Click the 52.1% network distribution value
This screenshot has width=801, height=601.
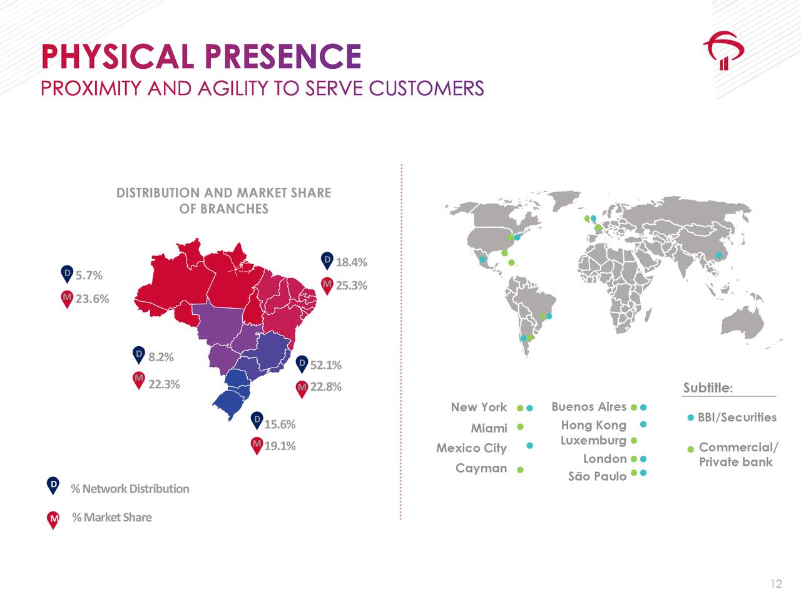326,365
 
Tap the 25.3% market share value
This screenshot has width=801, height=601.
352,285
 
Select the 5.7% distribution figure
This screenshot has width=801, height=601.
89,275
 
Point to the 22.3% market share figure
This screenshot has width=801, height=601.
164,384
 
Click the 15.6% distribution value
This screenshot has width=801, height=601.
280,424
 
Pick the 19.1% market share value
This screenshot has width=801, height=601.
280,446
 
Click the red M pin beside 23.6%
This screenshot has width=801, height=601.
67,299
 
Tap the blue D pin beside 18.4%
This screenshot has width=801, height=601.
327,260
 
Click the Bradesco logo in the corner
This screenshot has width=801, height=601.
723,53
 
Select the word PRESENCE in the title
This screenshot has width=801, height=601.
283,56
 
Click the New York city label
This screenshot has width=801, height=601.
479,407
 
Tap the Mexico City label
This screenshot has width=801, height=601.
471,448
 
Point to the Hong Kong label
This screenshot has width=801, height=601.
593,425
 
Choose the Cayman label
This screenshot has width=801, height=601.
481,468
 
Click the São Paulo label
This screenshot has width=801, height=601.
597,476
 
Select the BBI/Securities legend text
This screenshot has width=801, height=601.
737,417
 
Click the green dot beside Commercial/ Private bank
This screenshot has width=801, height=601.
691,449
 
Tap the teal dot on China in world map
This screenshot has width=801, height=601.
718,255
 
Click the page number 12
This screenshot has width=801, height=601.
776,583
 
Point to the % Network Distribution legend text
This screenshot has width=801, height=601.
130,488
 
